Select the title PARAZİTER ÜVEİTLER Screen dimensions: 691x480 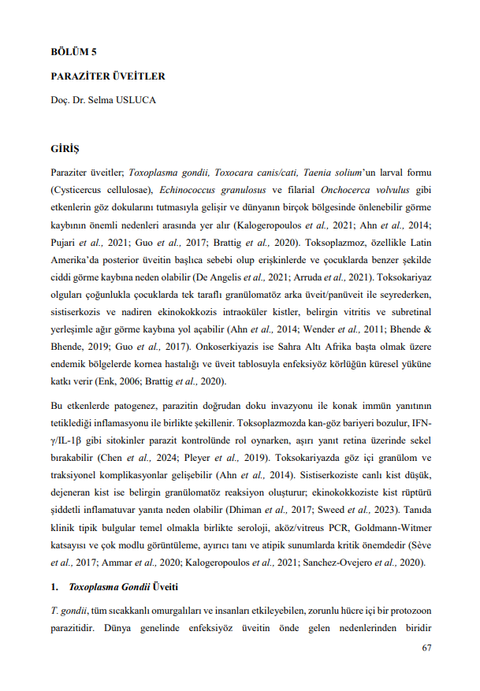(x=107, y=76)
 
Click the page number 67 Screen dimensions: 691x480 (x=426, y=648)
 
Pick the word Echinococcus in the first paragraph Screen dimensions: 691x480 (x=192, y=190)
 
